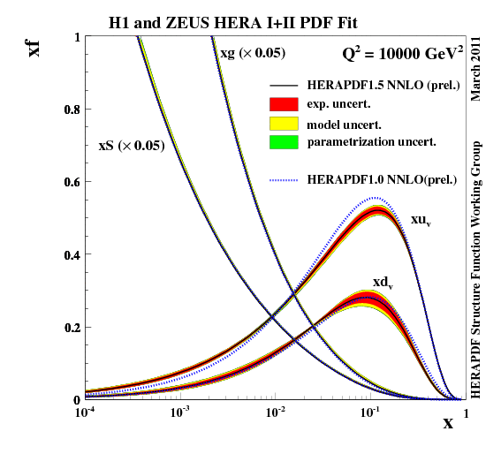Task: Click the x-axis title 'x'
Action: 448,423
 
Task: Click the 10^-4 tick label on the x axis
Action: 85,412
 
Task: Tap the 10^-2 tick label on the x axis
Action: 275,412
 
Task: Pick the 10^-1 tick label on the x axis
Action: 370,412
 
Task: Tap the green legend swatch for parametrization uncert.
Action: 285,141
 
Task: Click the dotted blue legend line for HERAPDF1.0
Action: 285,180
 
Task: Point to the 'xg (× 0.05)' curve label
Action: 252,54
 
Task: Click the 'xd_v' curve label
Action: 382,283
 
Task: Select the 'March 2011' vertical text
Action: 476,69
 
